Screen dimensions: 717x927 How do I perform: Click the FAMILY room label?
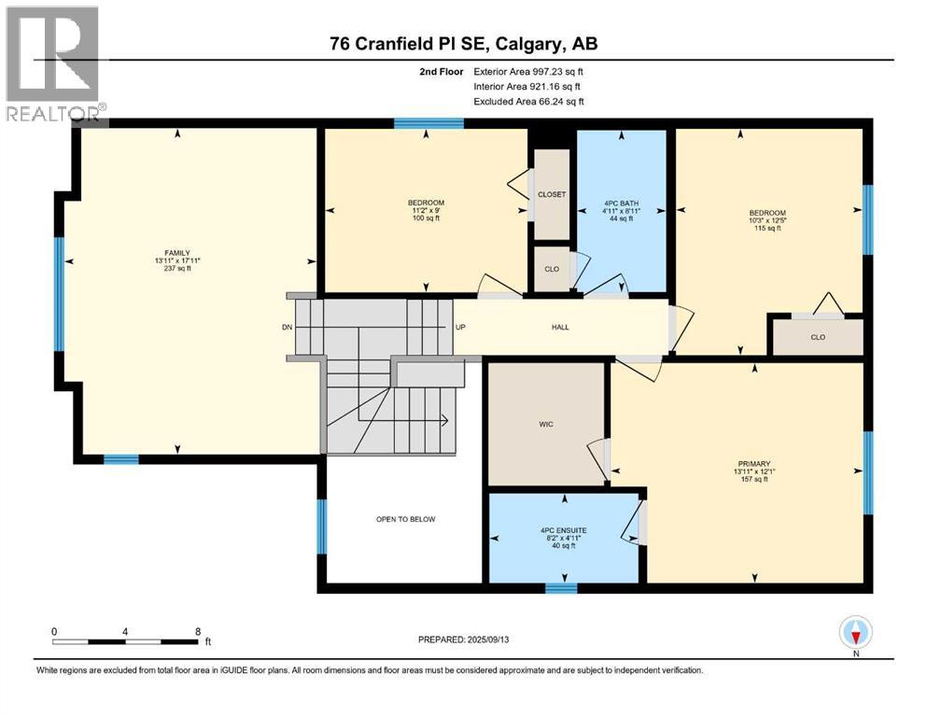(x=177, y=253)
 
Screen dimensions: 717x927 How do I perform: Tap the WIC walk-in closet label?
(x=546, y=424)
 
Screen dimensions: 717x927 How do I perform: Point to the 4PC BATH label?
(x=621, y=203)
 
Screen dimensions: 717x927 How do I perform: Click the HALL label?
(x=560, y=327)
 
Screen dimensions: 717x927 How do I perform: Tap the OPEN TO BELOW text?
(x=405, y=519)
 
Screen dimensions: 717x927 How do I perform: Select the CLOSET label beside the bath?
(x=552, y=194)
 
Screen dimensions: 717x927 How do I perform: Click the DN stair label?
(x=287, y=328)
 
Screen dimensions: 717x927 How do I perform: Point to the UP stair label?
(x=460, y=328)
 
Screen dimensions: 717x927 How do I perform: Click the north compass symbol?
(x=855, y=633)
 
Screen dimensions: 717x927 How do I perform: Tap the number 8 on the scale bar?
(x=197, y=631)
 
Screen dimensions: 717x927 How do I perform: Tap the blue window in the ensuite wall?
(x=560, y=588)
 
